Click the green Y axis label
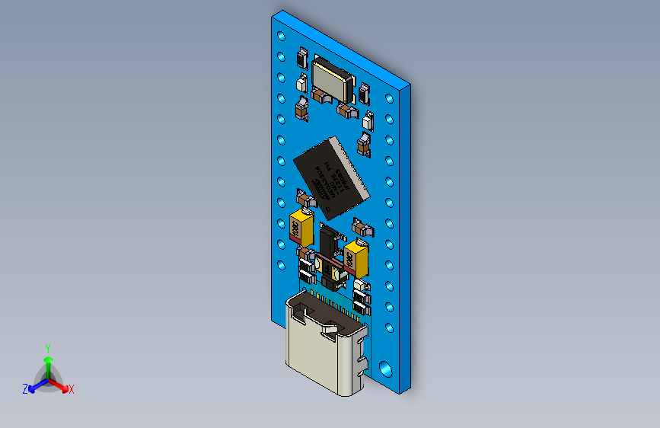click(x=48, y=347)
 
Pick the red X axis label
click(x=72, y=389)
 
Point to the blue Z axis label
click(x=25, y=389)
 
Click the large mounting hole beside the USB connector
click(x=386, y=368)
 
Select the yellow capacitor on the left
click(x=301, y=226)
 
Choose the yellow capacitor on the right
click(x=357, y=257)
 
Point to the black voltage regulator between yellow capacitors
click(x=330, y=242)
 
